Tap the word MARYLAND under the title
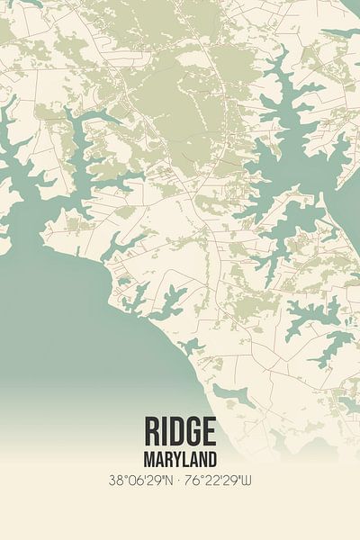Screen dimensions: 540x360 coord(180,457)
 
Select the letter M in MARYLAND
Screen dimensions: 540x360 coord(148,457)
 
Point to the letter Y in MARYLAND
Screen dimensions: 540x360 coord(175,457)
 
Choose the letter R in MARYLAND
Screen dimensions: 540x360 coord(166,457)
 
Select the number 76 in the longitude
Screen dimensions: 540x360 coord(193,481)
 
